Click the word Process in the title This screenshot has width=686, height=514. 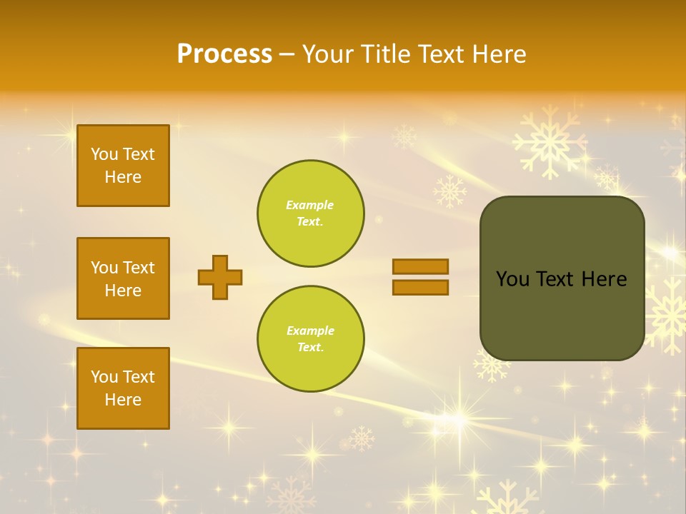[224, 54]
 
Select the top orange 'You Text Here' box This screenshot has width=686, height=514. [123, 166]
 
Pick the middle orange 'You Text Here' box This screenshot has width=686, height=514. [123, 278]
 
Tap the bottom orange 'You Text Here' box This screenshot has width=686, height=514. [123, 388]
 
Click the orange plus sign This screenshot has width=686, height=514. [220, 277]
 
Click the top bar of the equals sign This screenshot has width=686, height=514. [421, 266]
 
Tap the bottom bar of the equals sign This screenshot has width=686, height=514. [421, 287]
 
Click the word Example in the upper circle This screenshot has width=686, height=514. [309, 205]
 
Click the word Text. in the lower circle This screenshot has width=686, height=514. [310, 347]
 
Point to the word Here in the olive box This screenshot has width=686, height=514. [604, 279]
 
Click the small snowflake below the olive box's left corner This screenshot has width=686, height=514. [492, 365]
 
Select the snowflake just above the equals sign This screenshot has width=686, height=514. [449, 191]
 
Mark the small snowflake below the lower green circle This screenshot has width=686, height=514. [362, 438]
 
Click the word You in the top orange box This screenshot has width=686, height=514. [104, 154]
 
